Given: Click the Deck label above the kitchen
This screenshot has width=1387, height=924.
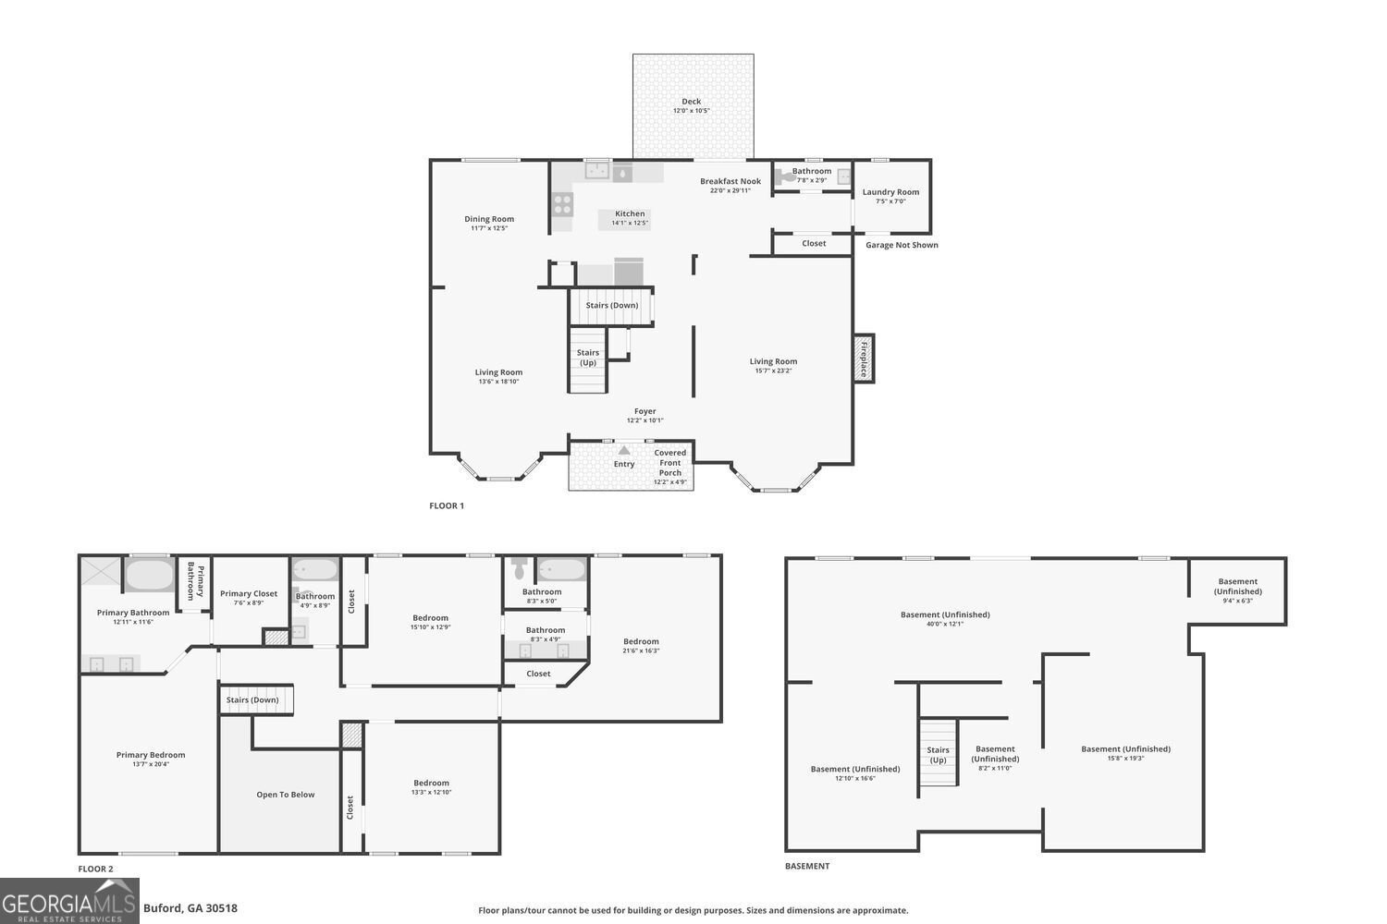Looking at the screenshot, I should pyautogui.click(x=692, y=102).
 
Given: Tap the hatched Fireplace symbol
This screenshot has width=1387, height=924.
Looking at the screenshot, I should pyautogui.click(x=864, y=359).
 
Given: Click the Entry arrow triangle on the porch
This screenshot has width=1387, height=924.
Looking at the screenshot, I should pyautogui.click(x=624, y=451).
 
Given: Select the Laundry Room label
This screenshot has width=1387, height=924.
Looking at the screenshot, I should pyautogui.click(x=890, y=192).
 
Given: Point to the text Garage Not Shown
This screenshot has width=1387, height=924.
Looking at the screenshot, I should pyautogui.click(x=902, y=245).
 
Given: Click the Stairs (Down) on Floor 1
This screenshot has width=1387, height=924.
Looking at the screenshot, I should pyautogui.click(x=611, y=306).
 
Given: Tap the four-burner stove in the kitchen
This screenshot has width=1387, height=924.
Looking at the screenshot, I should pyautogui.click(x=562, y=204).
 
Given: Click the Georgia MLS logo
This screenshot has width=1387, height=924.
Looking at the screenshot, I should pyautogui.click(x=69, y=902).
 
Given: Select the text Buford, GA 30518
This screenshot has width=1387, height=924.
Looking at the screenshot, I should pyautogui.click(x=190, y=908).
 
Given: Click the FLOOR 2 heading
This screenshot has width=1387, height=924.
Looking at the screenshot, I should pyautogui.click(x=95, y=869).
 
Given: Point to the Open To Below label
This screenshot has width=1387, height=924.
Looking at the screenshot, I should pyautogui.click(x=286, y=795).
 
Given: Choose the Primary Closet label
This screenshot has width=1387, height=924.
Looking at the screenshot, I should pyautogui.click(x=249, y=594).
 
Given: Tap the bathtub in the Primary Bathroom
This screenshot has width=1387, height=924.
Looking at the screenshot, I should pyautogui.click(x=150, y=576).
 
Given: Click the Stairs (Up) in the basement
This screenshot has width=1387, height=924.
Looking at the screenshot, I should pyautogui.click(x=938, y=755).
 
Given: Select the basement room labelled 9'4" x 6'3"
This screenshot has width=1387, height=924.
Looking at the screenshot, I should pyautogui.click(x=1237, y=590).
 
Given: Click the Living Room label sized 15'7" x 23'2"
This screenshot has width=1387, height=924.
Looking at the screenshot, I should pyautogui.click(x=773, y=362).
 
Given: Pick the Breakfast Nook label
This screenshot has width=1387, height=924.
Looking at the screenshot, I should pyautogui.click(x=730, y=181).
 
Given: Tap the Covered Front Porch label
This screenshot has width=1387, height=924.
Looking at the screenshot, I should pyautogui.click(x=670, y=463).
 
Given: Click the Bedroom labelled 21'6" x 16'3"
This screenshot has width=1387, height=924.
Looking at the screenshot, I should pyautogui.click(x=641, y=641).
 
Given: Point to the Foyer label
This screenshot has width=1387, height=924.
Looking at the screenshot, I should pyautogui.click(x=644, y=412).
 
